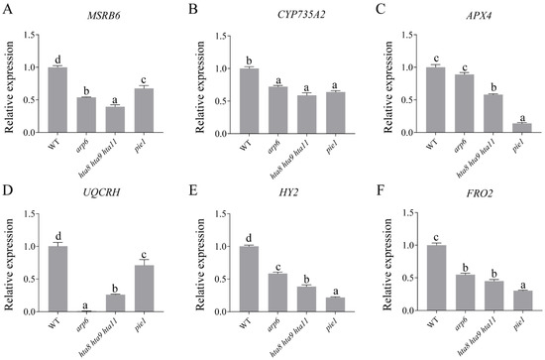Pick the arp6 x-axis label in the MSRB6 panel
pos(87,145)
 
